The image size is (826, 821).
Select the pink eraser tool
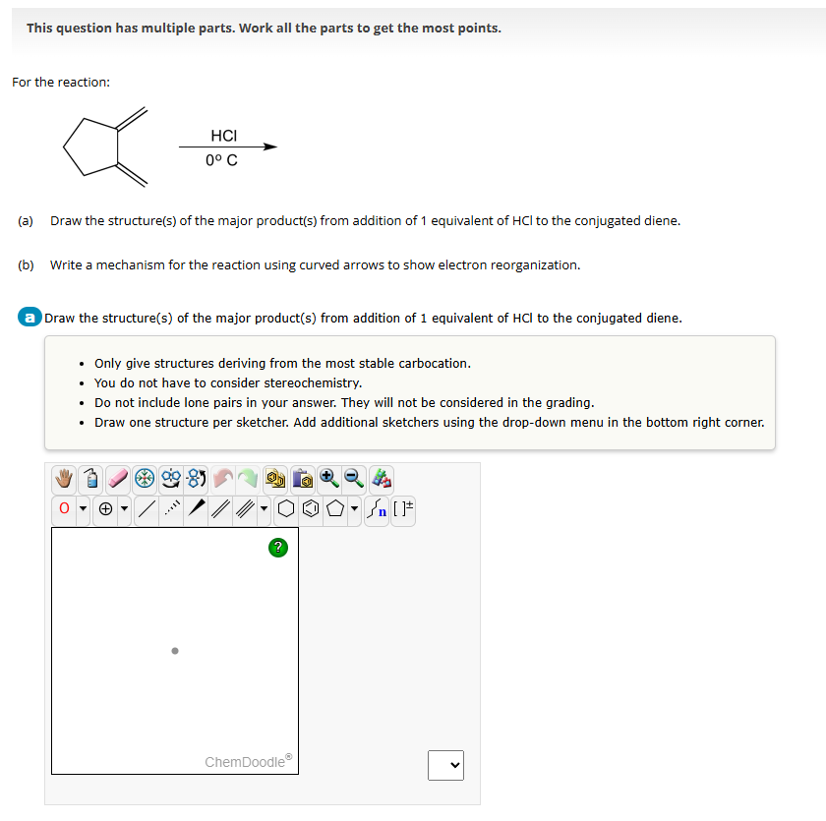click(x=119, y=479)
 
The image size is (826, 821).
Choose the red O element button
click(x=64, y=509)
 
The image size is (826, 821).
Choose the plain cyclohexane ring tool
click(x=284, y=509)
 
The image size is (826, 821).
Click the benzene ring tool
click(x=310, y=509)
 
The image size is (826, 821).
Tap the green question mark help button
click(x=277, y=546)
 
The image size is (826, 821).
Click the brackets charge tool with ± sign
click(x=403, y=509)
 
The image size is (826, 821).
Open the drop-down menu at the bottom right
click(x=445, y=764)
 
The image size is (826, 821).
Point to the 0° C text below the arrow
click(x=221, y=160)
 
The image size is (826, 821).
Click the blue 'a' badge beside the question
click(x=30, y=318)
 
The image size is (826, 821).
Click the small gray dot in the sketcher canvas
click(x=175, y=650)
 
